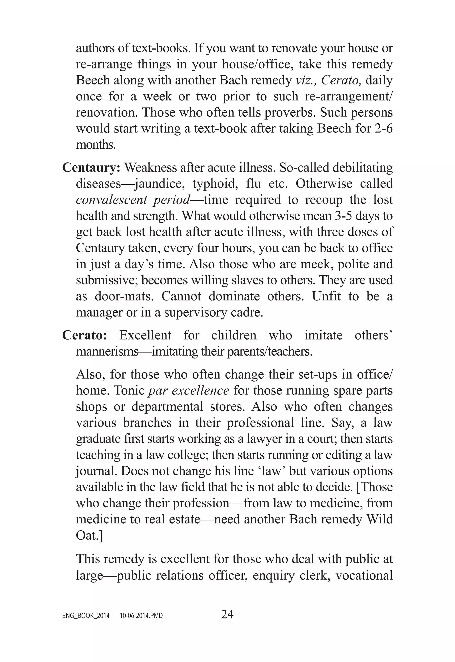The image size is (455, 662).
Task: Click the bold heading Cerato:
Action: pyautogui.click(x=85, y=335)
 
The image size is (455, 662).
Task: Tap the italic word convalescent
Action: pyautogui.click(x=111, y=200)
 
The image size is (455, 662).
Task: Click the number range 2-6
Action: pyautogui.click(x=383, y=129)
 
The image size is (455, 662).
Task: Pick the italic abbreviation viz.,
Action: pyautogui.click(x=306, y=81)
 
